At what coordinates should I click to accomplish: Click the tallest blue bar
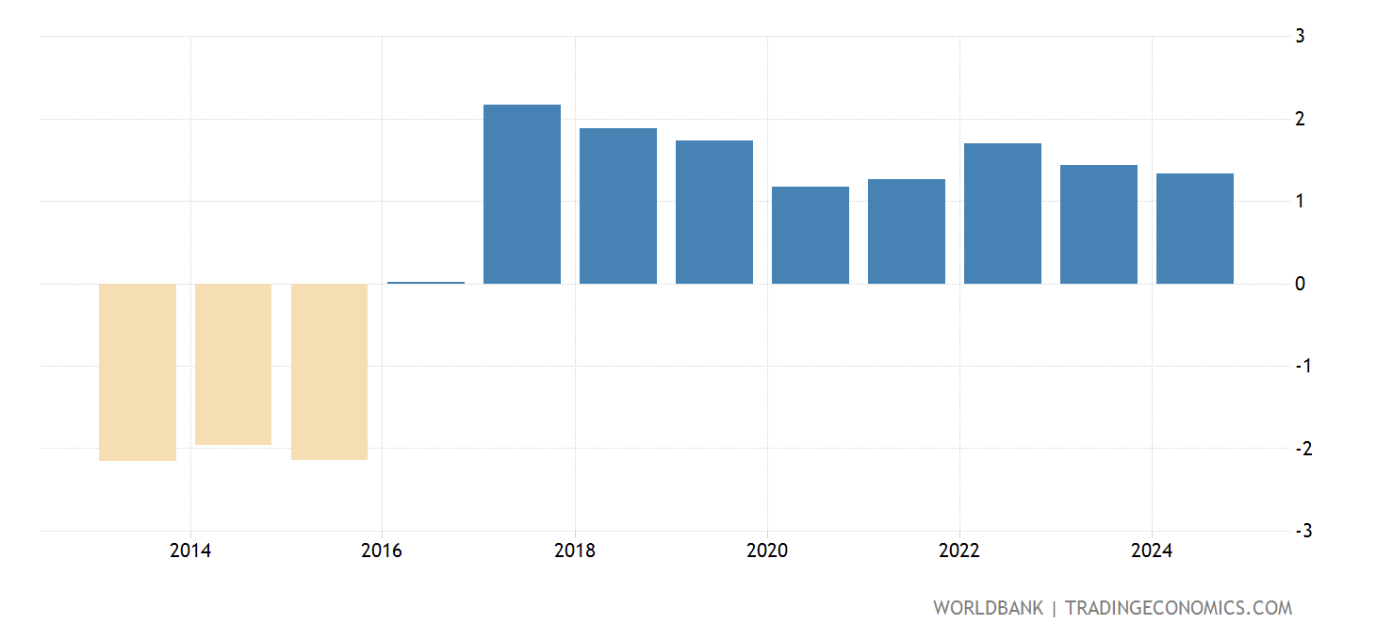coord(521,194)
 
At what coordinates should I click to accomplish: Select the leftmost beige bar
coord(138,372)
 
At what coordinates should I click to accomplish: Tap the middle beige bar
coord(233,364)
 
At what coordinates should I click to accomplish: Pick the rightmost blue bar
coord(1194,229)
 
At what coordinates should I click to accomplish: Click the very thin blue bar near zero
coord(425,282)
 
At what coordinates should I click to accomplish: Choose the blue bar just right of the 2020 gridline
coord(810,235)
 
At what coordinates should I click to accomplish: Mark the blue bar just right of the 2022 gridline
coord(1002,213)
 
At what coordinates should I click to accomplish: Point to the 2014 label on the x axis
coord(190,551)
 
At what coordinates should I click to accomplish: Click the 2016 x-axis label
coord(382,551)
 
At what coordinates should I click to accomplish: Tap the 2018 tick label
coord(574,551)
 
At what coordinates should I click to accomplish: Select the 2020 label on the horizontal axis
coord(766,551)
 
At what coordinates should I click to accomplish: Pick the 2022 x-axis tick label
coord(958,551)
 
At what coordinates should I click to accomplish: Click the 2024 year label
coord(1151,551)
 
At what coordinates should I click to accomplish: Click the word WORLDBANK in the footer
coord(988,608)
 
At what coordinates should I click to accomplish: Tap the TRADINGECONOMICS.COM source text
coord(1178,608)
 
